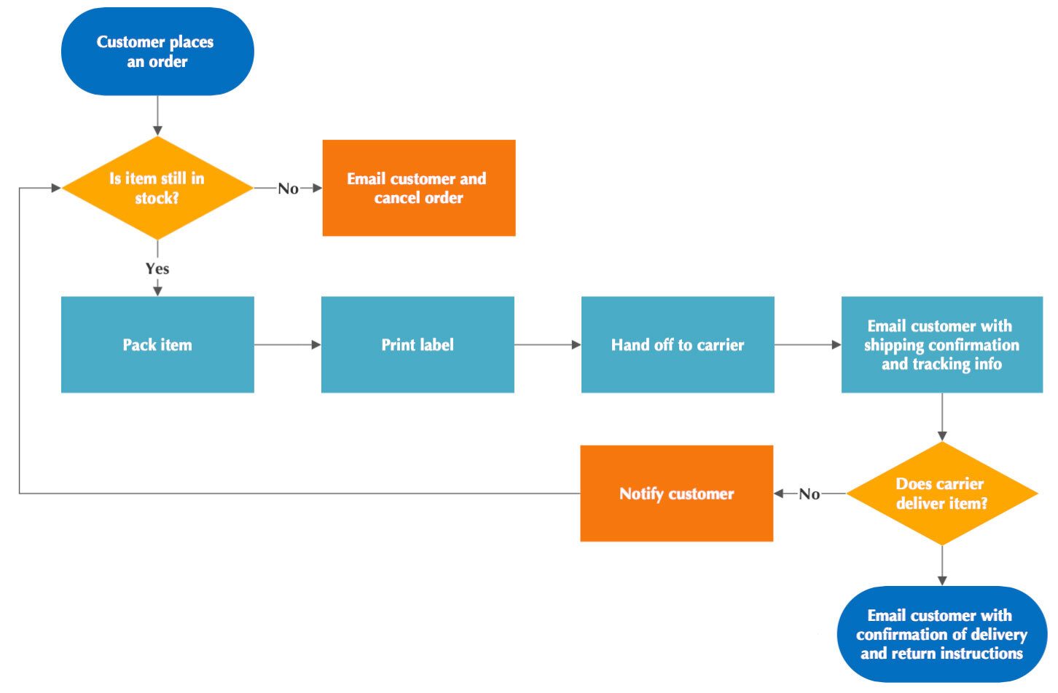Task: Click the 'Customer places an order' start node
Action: tap(157, 52)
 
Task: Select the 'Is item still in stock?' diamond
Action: tap(157, 188)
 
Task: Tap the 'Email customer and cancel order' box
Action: tap(419, 188)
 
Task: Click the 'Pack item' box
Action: tap(157, 344)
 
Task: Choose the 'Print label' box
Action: tap(418, 344)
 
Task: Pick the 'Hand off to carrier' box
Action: tap(678, 344)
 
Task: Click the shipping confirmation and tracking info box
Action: tap(941, 344)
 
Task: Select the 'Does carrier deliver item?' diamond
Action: tap(941, 494)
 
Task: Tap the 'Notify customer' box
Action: tap(676, 494)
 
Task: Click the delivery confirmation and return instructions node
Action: tap(941, 634)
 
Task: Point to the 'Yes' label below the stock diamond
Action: tap(157, 269)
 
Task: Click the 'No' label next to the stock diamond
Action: tap(288, 189)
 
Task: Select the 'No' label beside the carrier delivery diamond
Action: tap(809, 494)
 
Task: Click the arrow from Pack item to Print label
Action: tap(287, 344)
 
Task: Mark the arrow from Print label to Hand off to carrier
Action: tap(547, 344)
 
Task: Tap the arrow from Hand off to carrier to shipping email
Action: tap(807, 344)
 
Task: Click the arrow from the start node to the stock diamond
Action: tap(157, 116)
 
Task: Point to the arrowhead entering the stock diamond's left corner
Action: tap(56, 188)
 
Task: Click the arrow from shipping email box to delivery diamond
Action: tap(942, 417)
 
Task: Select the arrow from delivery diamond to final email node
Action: tap(942, 566)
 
